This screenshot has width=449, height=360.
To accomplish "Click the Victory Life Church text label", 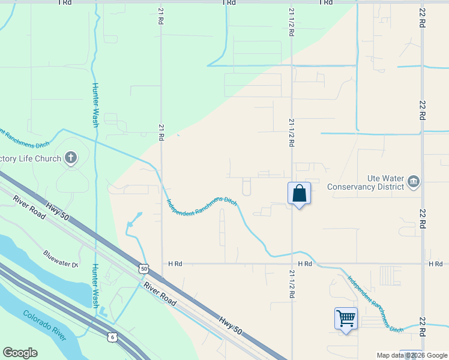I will point(31,159).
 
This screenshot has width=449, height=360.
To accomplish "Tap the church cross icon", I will point(71,158).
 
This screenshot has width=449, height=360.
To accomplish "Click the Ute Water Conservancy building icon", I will point(414,181).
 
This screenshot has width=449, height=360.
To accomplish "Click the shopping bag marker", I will point(299,194).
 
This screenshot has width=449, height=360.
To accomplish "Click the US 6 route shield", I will point(112,337).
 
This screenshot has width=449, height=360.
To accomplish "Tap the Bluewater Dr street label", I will point(61,259).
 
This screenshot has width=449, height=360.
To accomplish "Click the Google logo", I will point(20,353).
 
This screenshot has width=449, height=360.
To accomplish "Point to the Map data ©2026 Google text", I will point(412,356).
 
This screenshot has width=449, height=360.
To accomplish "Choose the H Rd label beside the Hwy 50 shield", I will point(175,263).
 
